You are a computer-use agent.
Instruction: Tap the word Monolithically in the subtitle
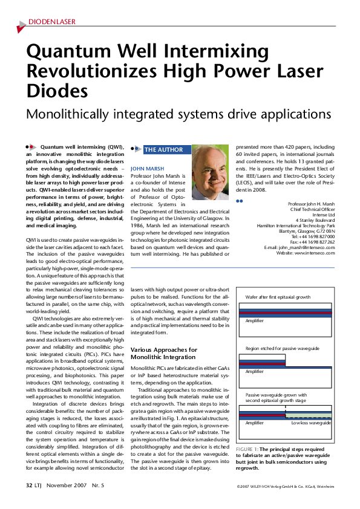click(x=73, y=114)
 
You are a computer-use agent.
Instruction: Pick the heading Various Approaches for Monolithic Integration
click(x=164, y=354)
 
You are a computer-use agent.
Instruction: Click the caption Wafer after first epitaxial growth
click(x=278, y=298)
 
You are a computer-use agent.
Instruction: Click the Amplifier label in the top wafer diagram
click(x=254, y=320)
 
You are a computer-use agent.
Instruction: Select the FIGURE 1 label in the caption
click(x=247, y=449)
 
